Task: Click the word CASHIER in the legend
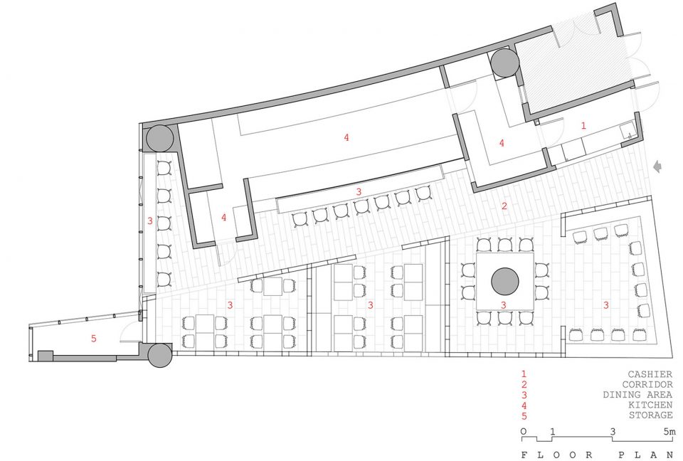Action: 650,374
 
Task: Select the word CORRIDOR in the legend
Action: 647,385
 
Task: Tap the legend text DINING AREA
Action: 637,395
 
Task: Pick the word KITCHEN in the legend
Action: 650,405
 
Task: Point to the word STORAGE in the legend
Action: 650,415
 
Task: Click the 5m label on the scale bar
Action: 669,431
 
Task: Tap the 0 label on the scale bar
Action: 524,431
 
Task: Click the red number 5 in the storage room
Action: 94,338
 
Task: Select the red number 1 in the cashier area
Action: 583,125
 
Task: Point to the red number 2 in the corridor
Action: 504,206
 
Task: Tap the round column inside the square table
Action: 505,281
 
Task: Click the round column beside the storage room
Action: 160,356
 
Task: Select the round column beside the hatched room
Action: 504,63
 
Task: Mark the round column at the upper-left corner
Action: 160,138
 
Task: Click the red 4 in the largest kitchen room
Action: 346,138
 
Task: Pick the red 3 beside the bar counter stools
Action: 359,191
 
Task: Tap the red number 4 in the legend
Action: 524,406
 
